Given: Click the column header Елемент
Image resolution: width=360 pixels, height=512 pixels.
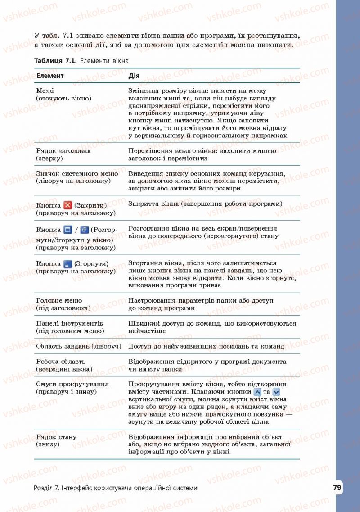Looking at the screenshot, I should click(x=50, y=76).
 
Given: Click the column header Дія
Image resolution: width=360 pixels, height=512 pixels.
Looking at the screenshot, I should click(x=134, y=76).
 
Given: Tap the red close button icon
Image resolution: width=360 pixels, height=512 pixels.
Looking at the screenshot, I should click(x=68, y=205).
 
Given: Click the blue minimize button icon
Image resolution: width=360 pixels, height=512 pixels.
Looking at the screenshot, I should click(x=68, y=264).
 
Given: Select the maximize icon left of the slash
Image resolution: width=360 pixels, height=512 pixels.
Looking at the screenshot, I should click(x=68, y=230).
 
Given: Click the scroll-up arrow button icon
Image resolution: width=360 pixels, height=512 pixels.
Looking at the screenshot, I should click(x=258, y=392).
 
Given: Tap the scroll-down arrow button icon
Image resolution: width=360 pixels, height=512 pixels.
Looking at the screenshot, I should click(x=276, y=392).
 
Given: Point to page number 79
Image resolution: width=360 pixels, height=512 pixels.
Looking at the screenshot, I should click(x=337, y=488).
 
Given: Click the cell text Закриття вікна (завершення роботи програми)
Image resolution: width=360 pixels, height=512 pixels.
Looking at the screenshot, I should click(x=205, y=204).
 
